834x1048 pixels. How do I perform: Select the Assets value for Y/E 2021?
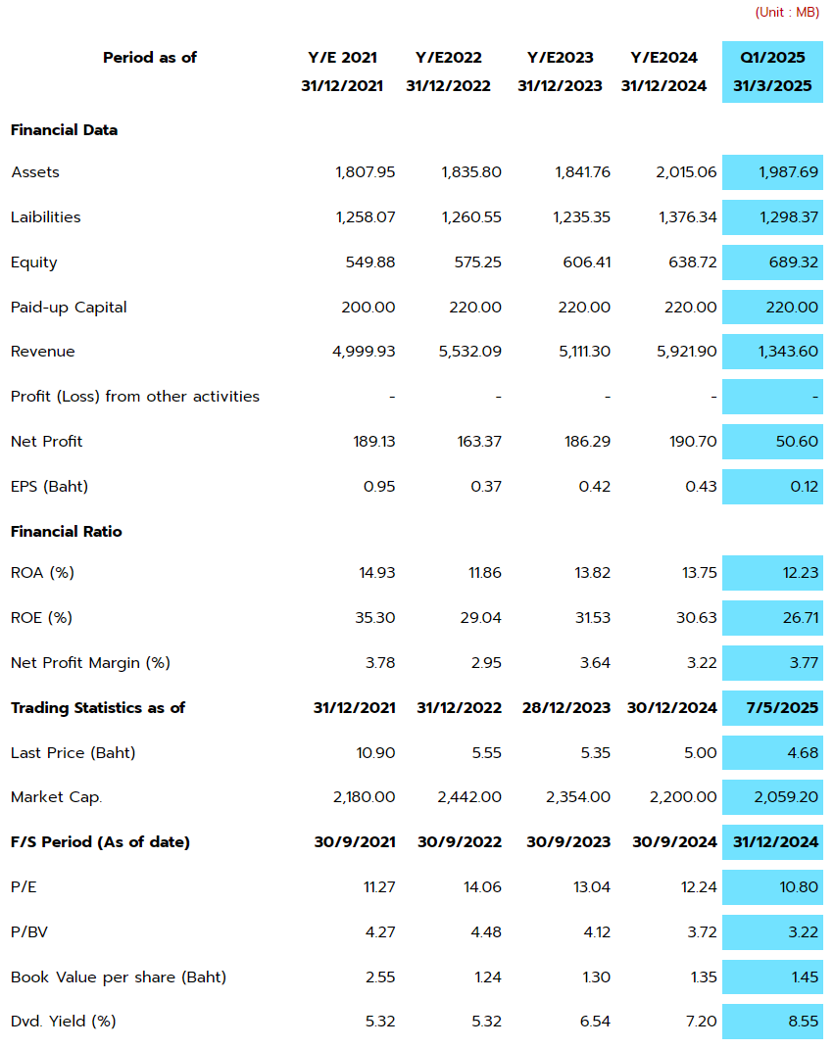(x=366, y=172)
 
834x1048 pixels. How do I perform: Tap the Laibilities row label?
(x=45, y=217)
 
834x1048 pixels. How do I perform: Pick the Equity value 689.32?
(x=793, y=262)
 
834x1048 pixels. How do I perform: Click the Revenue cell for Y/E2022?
(x=470, y=352)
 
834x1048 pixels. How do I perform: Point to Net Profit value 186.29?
(x=587, y=441)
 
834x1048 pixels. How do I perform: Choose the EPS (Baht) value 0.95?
(x=379, y=487)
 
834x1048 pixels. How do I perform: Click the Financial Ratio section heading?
(x=67, y=532)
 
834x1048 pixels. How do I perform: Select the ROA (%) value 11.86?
(x=485, y=573)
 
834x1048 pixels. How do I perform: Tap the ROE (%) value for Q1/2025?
(x=801, y=618)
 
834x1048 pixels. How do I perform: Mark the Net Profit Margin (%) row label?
(x=90, y=663)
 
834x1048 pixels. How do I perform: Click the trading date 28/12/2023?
(x=566, y=708)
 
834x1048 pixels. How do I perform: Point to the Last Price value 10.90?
(x=376, y=752)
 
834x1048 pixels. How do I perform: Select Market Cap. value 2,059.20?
(x=786, y=796)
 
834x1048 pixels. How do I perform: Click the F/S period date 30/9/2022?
(x=460, y=842)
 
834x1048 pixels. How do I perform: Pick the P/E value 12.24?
(x=699, y=887)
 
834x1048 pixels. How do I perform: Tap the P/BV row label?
(x=29, y=931)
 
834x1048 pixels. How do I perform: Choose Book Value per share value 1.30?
(x=596, y=977)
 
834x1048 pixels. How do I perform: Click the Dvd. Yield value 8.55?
(x=804, y=1022)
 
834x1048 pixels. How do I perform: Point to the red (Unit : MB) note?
(x=787, y=12)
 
